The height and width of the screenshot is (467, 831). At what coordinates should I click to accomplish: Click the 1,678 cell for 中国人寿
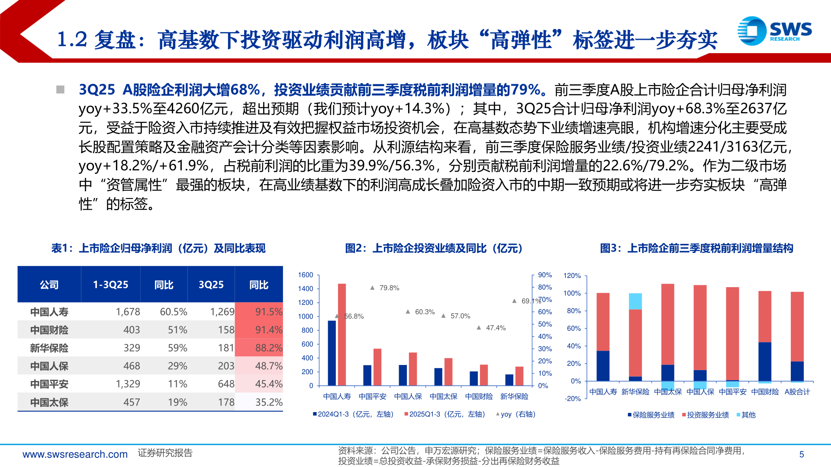tap(128, 312)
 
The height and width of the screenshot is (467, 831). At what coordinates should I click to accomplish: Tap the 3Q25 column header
tap(211, 285)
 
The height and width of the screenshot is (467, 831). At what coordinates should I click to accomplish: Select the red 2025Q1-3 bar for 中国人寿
tap(342, 334)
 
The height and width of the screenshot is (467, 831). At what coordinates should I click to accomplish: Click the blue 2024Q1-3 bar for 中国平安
tap(367, 375)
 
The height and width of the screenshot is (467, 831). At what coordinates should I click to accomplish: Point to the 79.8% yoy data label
tap(389, 288)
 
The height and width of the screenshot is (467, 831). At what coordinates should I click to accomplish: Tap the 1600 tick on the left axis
tap(306, 275)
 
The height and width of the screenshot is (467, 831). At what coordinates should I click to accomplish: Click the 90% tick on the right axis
tap(545, 275)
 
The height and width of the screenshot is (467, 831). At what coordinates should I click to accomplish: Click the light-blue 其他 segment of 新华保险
tap(635, 301)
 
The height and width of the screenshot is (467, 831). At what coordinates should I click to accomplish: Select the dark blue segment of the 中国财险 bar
tap(765, 361)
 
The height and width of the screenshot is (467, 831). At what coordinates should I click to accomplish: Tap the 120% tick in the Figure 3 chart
tap(572, 275)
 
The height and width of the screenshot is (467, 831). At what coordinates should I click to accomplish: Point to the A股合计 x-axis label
tap(797, 392)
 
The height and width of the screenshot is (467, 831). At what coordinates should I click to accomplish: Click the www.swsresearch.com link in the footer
tap(75, 454)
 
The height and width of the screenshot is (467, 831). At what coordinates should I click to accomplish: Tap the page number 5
tap(802, 454)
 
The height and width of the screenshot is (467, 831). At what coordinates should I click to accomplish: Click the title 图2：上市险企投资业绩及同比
tap(434, 248)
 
